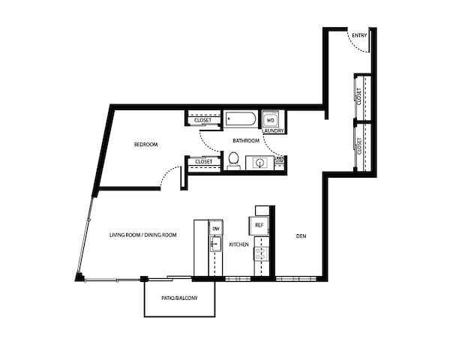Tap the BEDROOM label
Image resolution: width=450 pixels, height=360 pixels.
tap(145, 144)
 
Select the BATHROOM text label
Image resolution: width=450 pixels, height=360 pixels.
tap(245, 140)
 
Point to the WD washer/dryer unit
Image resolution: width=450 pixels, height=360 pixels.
tap(271, 119)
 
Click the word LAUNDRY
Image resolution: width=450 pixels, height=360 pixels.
tap(272, 130)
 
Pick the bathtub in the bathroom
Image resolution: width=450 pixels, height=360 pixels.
tap(241, 119)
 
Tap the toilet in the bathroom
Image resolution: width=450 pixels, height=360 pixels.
tap(233, 160)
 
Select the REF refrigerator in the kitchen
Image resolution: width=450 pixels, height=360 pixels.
tap(259, 225)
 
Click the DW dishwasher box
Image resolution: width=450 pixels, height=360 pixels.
tap(215, 228)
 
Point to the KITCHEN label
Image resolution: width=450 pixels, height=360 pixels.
tap(238, 244)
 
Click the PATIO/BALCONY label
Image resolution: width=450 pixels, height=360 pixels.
tap(179, 298)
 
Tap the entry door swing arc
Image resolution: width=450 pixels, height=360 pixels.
tap(361, 46)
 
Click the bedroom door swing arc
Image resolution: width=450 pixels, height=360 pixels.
tap(172, 175)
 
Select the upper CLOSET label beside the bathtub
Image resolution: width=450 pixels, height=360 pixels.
tap(203, 119)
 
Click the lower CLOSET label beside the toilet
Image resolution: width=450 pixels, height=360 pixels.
tap(203, 161)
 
